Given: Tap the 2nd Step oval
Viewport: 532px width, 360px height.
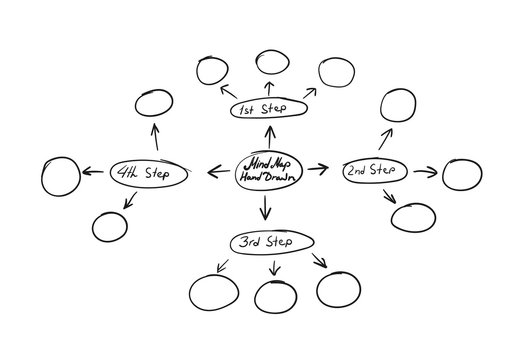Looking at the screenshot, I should (370, 171).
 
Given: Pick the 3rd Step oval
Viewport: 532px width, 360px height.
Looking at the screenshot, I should (272, 243).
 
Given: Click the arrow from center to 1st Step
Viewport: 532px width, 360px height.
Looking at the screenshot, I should (266, 137).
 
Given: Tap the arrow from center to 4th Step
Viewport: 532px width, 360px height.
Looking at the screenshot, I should (217, 171).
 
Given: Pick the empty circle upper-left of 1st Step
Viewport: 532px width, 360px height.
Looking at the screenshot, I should (212, 71).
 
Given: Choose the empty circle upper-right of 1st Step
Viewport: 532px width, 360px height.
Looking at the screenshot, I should (335, 71).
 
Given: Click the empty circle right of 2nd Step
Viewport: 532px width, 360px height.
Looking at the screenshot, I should (461, 173).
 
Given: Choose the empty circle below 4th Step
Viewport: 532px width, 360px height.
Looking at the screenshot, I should (110, 227).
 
